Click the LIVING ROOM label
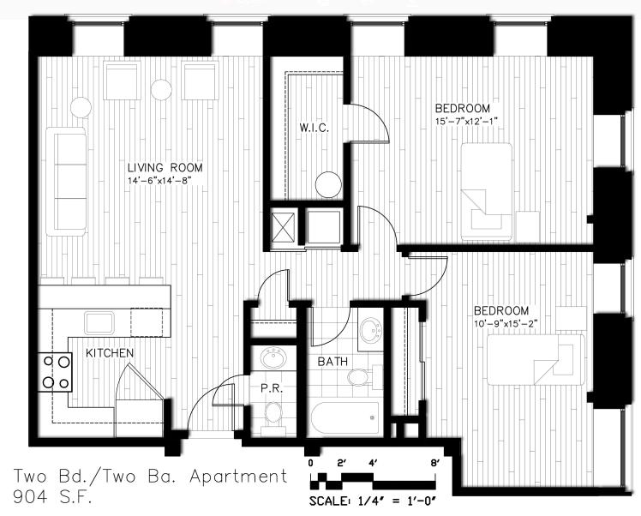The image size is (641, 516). pos(165,168)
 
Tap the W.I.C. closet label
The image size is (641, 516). pos(314,128)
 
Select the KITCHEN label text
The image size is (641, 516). pos(110,353)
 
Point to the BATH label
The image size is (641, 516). pos(332,362)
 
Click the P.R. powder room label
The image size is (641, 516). pos(272,388)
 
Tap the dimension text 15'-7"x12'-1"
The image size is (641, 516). pos(466,122)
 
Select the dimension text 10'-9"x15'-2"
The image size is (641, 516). pos(506,324)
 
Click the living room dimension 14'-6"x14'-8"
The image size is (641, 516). pos(159,180)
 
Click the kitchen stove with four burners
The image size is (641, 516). pos(55,372)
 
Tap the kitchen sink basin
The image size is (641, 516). pos(99,322)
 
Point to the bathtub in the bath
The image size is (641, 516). pos(345,418)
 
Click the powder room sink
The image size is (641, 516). pos(274,358)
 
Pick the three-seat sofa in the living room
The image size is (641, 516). pos(66,182)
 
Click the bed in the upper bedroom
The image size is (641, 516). pos(487,192)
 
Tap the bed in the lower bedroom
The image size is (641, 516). pos(536,360)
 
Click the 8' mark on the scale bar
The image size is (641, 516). pos(435,463)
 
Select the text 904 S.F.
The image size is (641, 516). pos(52,497)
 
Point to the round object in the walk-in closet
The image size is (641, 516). pos(328,184)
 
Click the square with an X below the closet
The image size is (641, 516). pos(284,227)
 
